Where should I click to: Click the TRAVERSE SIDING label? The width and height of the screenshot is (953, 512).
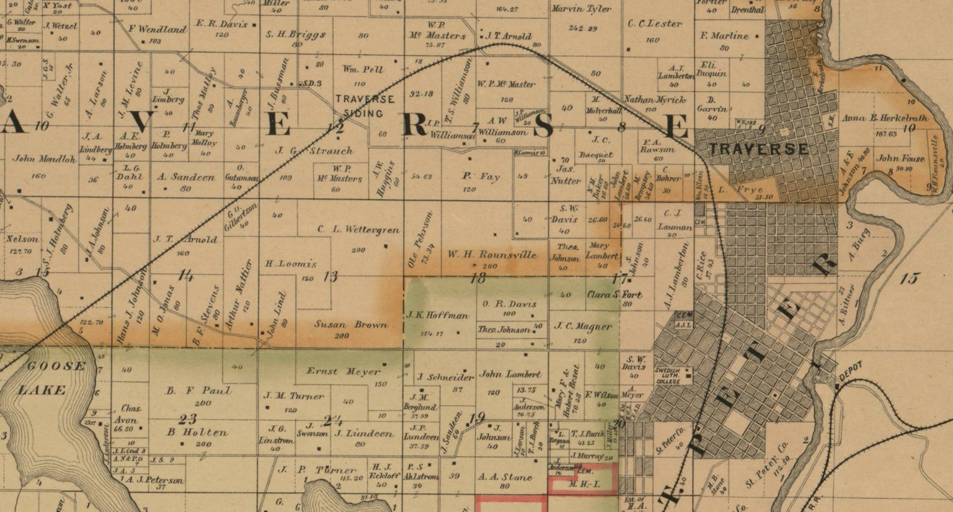(x=364, y=106)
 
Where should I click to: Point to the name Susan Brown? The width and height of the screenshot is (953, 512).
(x=351, y=325)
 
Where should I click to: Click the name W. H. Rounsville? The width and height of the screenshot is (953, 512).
(x=492, y=254)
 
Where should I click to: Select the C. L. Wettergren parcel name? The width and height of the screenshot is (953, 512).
(x=358, y=229)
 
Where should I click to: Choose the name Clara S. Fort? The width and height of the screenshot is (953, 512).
(x=614, y=295)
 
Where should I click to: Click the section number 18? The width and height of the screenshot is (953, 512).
(x=478, y=278)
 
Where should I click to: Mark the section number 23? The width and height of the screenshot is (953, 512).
(x=187, y=419)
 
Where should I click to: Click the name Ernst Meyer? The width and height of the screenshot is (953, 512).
(x=344, y=372)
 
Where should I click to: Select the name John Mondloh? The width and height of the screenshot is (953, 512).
(x=44, y=159)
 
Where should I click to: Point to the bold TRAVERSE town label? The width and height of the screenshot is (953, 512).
(x=758, y=149)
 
